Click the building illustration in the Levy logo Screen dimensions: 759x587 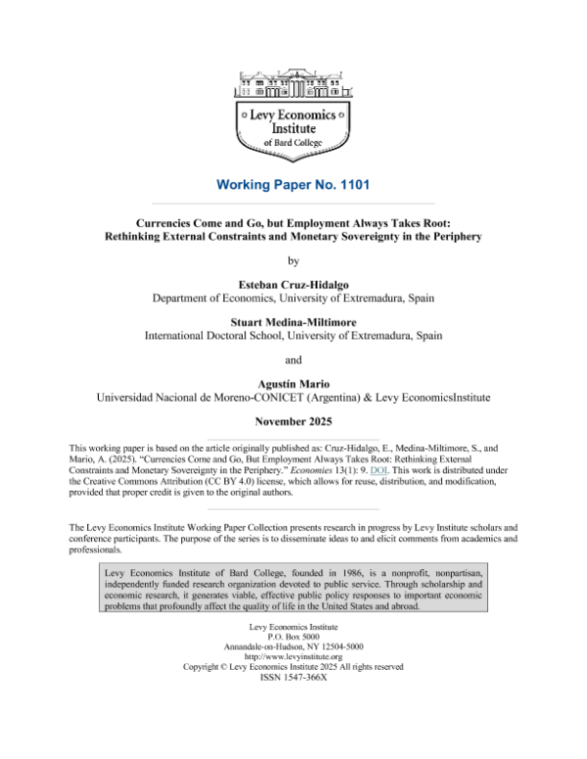click(293, 83)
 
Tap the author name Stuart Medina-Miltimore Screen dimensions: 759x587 click(293, 320)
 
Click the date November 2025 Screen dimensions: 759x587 click(293, 422)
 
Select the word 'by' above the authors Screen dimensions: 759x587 click(293, 260)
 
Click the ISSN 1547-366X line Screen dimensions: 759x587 click(293, 677)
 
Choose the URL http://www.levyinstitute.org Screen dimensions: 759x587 click(293, 655)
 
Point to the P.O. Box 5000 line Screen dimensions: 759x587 click(293, 634)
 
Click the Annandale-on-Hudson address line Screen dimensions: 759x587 click(293, 645)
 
